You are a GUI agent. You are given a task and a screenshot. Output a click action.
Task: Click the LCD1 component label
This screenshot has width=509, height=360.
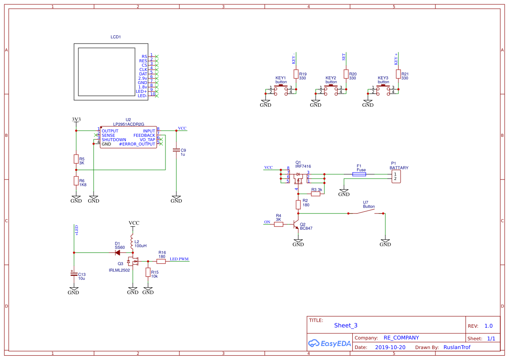115,37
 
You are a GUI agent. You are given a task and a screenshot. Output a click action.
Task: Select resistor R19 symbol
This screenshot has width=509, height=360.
296,75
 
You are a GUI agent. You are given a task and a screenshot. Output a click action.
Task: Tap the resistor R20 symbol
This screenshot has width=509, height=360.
346,75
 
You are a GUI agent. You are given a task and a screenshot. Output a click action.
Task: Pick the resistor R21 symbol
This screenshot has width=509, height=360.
398,75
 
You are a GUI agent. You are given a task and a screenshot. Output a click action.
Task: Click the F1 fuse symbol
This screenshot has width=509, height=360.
359,174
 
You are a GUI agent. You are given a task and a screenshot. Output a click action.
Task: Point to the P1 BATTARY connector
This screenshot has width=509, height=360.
395,177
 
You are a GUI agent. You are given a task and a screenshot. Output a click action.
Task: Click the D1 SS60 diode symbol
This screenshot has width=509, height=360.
118,252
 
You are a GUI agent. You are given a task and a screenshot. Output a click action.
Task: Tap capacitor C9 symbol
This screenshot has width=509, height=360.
176,150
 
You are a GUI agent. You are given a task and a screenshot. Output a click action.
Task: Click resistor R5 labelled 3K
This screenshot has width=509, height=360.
76,160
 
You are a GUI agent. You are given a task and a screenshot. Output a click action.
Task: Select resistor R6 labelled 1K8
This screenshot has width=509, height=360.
76,181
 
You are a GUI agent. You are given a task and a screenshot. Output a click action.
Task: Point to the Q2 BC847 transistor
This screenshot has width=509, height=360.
296,226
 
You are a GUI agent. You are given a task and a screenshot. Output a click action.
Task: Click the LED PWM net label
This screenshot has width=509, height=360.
179,259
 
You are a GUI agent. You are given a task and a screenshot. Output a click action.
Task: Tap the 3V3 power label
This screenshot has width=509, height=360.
76,119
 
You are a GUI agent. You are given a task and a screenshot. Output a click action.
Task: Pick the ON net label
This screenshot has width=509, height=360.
267,222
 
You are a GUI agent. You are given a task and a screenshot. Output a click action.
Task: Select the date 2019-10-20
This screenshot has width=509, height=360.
390,347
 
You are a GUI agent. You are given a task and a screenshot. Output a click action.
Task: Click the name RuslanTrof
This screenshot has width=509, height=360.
457,347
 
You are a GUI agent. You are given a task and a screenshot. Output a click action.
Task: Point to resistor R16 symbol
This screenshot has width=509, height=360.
161,262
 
